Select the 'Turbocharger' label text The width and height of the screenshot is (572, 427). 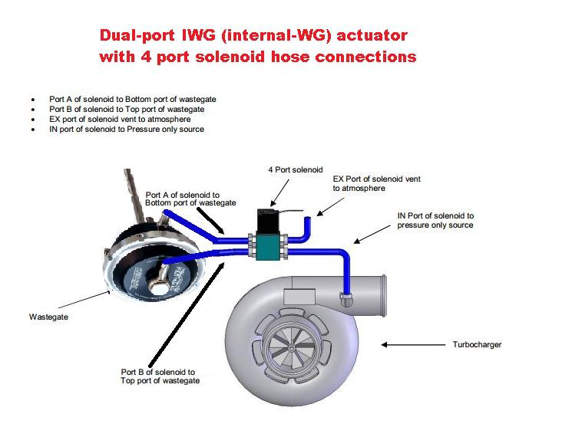coord(476,345)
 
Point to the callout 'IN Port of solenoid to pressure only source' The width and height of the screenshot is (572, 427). coord(435,221)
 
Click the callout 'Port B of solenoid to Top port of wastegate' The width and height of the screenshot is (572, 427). coord(160,376)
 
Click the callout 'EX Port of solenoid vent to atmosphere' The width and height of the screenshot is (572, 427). coord(376,183)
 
